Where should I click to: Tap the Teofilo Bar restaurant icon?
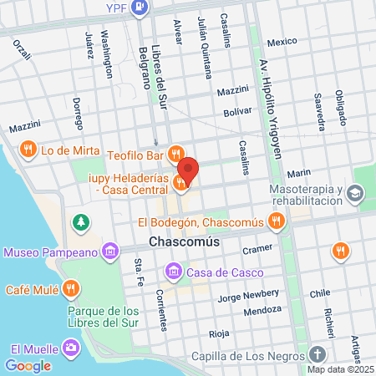tap(175, 154)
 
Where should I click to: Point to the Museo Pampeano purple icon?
tap(109, 252)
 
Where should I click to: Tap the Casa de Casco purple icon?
tap(173, 270)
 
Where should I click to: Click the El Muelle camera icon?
tap(72, 348)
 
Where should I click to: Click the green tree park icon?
tap(80, 223)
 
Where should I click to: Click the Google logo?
tap(28, 365)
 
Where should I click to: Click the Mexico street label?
tap(282, 42)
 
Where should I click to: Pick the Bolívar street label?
tap(238, 111)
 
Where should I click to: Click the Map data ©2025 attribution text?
tap(340, 368)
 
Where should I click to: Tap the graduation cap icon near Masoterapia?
tap(355, 194)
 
